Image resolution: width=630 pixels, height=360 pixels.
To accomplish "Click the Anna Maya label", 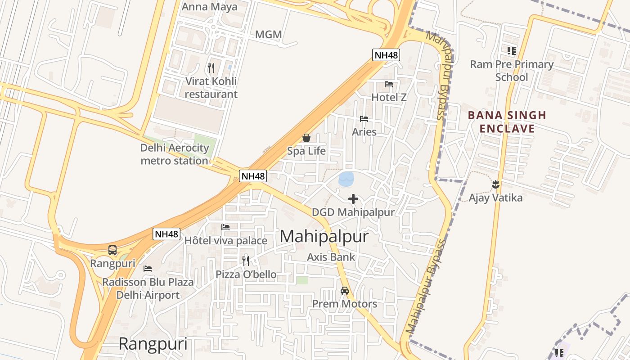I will (209, 7).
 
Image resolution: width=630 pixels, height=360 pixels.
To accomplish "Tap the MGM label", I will (268, 35).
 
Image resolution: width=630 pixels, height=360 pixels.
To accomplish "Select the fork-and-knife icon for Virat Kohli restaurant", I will (211, 68).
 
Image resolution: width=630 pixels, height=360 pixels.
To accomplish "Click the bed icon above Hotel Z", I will (389, 84).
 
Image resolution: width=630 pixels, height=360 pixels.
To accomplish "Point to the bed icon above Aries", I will (364, 119).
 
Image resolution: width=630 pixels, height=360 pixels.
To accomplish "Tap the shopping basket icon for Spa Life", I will (306, 138).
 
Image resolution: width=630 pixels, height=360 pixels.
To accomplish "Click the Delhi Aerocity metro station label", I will (175, 154).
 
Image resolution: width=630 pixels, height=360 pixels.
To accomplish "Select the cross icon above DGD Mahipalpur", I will (353, 198).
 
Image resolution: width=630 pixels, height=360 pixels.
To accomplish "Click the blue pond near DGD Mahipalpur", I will (346, 179).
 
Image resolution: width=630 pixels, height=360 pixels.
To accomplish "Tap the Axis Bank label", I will (331, 257).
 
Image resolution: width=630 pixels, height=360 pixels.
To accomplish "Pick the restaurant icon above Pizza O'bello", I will (246, 261).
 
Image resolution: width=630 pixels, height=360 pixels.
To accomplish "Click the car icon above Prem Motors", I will (345, 291).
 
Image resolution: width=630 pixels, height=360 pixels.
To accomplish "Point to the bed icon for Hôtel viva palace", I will (225, 227).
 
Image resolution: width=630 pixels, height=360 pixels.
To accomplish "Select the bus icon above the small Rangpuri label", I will (112, 250).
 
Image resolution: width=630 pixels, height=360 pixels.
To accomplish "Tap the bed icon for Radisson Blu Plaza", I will (148, 269).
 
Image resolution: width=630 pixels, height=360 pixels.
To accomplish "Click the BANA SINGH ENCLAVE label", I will (507, 122).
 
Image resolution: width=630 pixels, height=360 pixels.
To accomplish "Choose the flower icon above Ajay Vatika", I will (495, 184).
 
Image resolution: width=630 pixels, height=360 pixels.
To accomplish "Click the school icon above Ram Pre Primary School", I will (512, 51).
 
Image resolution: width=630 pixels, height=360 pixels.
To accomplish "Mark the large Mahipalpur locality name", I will (324, 237).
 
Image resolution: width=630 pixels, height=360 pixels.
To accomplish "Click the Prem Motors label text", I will (345, 304).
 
